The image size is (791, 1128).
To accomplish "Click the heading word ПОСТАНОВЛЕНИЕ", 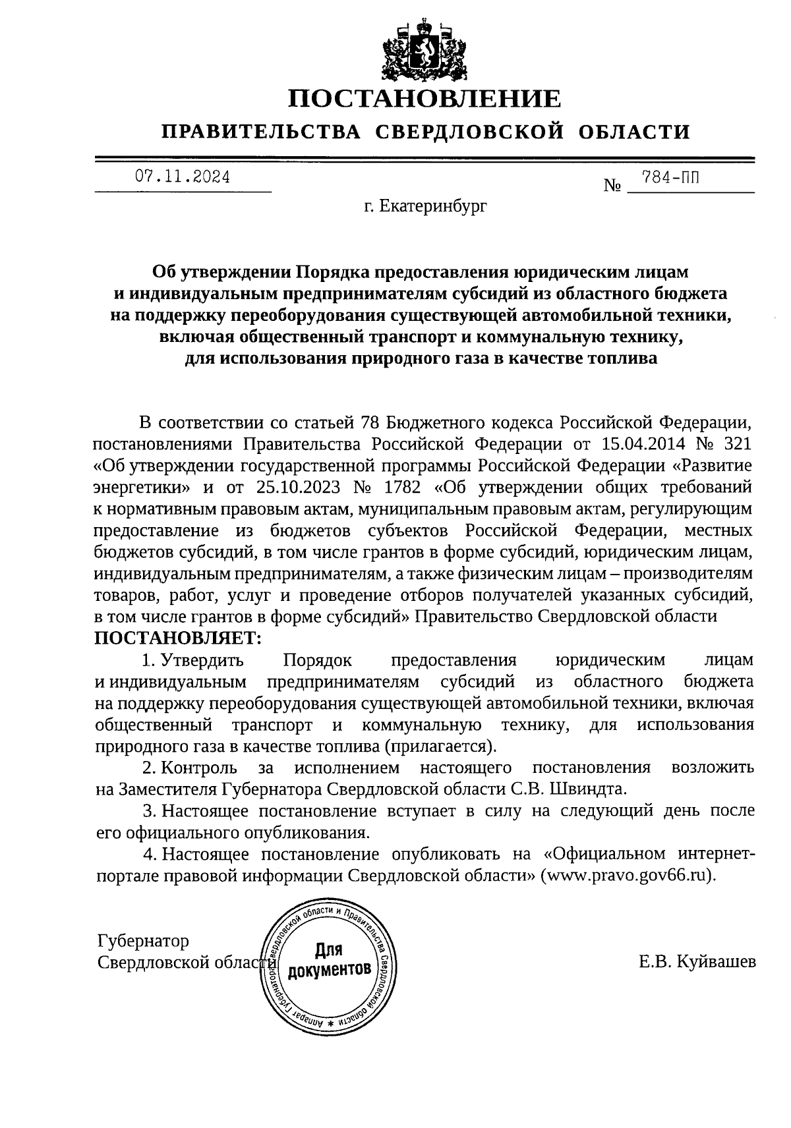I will pos(425,99).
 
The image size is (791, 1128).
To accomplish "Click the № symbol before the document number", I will pos(612,186).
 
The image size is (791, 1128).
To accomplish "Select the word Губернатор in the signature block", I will pos(143,941).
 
